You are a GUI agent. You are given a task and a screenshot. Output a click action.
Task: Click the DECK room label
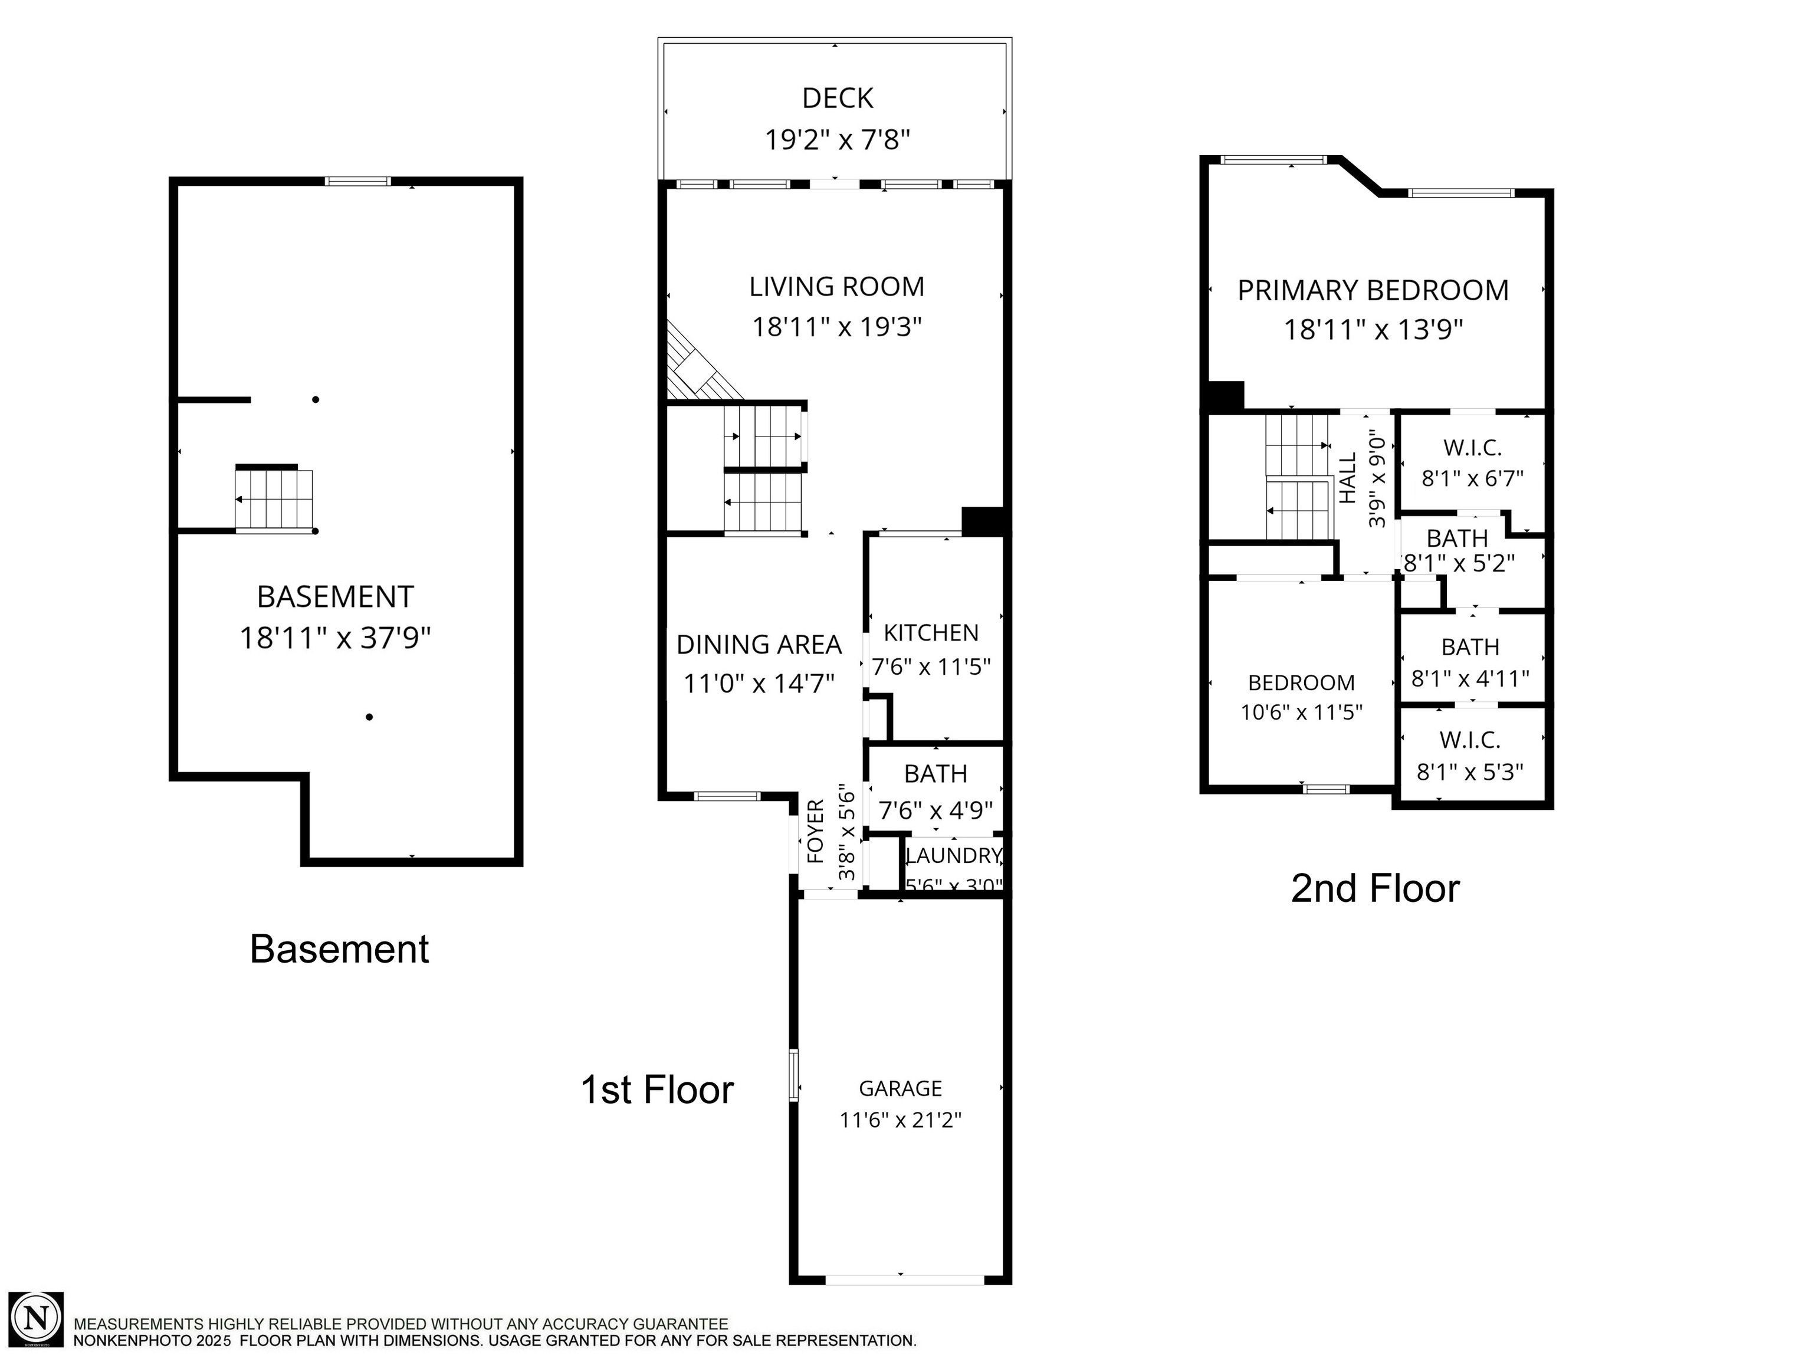coord(837,99)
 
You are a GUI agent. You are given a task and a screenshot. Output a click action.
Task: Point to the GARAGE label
coord(900,1089)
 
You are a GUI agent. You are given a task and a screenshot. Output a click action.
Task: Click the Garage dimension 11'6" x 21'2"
coord(900,1120)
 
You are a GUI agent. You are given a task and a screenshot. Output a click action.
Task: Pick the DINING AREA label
coord(759,645)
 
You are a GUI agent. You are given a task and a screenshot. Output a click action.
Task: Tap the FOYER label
coord(816,832)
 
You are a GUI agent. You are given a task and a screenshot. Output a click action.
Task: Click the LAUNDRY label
coord(954,856)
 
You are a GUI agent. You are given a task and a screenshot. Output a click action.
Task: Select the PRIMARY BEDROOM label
coord(1373,291)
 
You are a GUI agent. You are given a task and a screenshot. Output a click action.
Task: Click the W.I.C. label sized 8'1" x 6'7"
coord(1473,448)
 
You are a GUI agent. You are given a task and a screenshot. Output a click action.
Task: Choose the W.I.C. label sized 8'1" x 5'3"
coord(1470,740)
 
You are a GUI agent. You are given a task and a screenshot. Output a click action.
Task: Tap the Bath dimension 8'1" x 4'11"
coord(1471,679)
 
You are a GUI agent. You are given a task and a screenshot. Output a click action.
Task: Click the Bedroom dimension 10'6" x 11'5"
coord(1302,713)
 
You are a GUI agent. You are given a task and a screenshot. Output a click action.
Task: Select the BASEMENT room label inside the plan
coord(336,597)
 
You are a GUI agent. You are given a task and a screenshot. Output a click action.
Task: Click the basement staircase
coord(274,500)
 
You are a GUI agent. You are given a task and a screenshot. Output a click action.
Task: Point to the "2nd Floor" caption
coord(1376,889)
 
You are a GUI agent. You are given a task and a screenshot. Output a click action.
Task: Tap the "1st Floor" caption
coord(657,1090)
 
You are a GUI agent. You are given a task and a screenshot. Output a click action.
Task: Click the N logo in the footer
coord(36,1319)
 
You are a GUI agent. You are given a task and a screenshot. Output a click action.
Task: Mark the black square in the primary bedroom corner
coord(1226,396)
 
